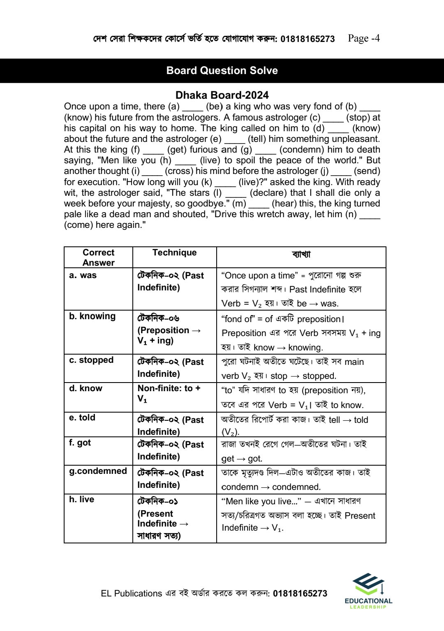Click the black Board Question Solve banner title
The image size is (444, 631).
(222, 71)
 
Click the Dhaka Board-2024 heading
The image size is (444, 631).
(222, 95)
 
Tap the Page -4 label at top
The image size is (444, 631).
(363, 38)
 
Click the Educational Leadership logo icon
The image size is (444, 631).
(368, 584)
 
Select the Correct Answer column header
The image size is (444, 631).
(98, 258)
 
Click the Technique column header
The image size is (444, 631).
(174, 253)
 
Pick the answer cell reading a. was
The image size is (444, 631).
(83, 275)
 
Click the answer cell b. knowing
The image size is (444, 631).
(92, 316)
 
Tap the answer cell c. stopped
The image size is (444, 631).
(91, 360)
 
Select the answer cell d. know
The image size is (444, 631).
(86, 388)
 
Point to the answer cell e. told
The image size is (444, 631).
(82, 418)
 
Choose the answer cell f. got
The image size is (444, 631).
(80, 443)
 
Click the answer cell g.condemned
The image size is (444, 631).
(98, 471)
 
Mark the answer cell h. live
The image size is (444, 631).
(81, 499)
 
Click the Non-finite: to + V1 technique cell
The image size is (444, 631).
(169, 393)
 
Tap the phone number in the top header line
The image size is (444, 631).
(308, 39)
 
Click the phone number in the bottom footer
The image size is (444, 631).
(300, 594)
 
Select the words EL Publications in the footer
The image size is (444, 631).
(132, 594)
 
